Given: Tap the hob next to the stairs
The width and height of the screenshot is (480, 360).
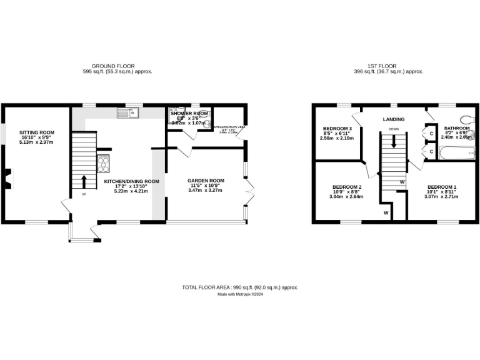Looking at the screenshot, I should tap(103, 163).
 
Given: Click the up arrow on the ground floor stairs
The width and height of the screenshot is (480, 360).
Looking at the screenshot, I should tap(84, 181).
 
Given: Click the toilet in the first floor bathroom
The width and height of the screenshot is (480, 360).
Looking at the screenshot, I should tap(466, 119).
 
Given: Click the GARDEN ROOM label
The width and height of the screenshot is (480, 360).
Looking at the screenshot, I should tap(206, 181).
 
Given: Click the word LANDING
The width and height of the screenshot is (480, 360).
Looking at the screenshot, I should tap(393, 119).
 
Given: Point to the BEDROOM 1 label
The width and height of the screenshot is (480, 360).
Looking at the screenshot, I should tap(441, 187).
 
